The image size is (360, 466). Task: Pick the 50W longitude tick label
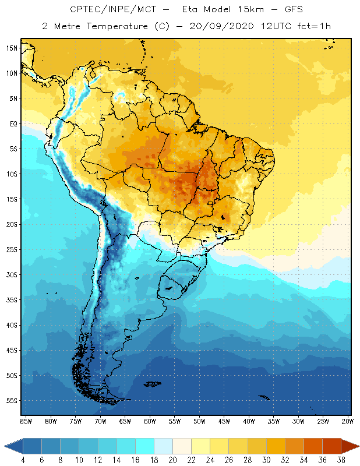199,421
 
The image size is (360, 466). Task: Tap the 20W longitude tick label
347,421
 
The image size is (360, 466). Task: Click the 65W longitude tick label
125,421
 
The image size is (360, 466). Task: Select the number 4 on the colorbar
23,460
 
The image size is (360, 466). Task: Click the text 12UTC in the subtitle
269,27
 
